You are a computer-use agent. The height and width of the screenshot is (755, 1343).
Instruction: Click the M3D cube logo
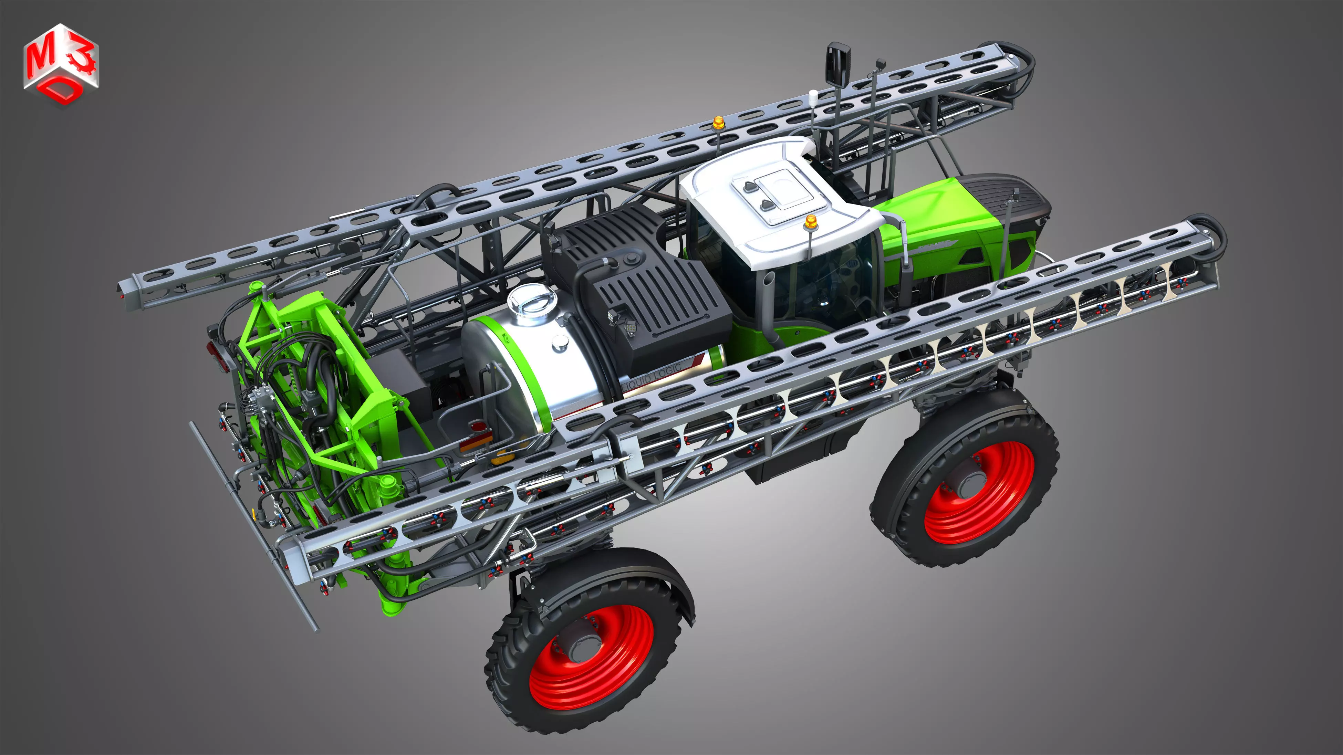coord(61,64)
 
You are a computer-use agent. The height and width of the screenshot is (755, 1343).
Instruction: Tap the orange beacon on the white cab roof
coord(810,222)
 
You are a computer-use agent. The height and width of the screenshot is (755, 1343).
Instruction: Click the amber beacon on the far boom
coord(718,123)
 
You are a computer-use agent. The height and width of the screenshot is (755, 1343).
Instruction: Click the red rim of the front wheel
coord(979,492)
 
